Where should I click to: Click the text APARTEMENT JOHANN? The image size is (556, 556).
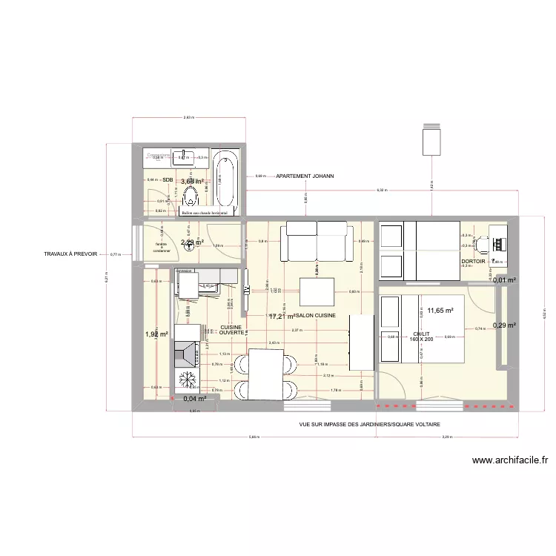pyautogui.click(x=305, y=176)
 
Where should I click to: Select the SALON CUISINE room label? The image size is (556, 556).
pyautogui.click(x=316, y=316)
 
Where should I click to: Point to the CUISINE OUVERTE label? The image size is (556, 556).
pyautogui.click(x=231, y=330)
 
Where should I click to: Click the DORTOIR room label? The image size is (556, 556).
pyautogui.click(x=473, y=262)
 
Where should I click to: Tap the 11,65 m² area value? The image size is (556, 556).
pyautogui.click(x=440, y=311)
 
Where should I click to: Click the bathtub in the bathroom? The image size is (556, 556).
pyautogui.click(x=226, y=182)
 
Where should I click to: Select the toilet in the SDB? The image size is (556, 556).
pyautogui.click(x=190, y=197)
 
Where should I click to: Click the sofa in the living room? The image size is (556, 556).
pyautogui.click(x=314, y=243)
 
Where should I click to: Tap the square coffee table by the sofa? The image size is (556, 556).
pyautogui.click(x=317, y=290)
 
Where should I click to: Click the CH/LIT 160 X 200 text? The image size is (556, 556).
pyautogui.click(x=420, y=337)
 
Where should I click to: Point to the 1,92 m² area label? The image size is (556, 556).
pyautogui.click(x=157, y=334)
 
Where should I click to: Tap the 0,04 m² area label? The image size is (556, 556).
pyautogui.click(x=193, y=399)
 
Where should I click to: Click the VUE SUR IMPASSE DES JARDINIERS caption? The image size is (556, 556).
pyautogui.click(x=369, y=425)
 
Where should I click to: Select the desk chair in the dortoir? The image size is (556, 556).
pyautogui.click(x=480, y=242)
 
